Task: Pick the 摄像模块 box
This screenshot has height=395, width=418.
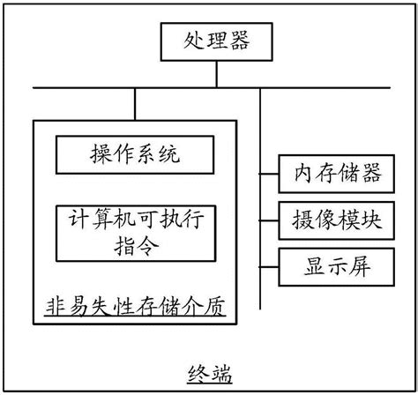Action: pos(332,219)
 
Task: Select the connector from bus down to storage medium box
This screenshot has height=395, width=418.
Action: pos(135,103)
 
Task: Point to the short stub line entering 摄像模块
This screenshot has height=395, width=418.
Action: pos(268,219)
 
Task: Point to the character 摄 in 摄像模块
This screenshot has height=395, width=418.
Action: pos(296,219)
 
